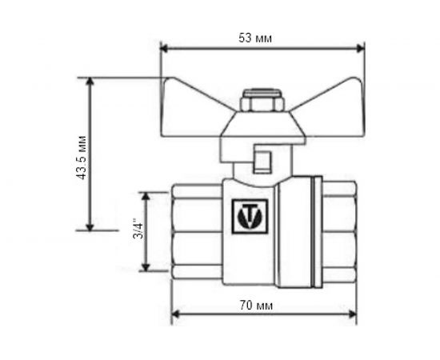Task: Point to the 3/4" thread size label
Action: coord(138,231)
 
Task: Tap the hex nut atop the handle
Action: coord(264,105)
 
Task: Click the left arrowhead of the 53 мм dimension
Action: coord(165,48)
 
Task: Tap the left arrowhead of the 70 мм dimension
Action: coord(174,314)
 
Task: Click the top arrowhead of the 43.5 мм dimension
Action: coord(90,81)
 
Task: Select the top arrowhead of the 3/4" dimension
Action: coord(146,194)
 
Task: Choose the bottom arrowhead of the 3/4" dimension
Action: coord(146,267)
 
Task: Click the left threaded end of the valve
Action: coord(195,230)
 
